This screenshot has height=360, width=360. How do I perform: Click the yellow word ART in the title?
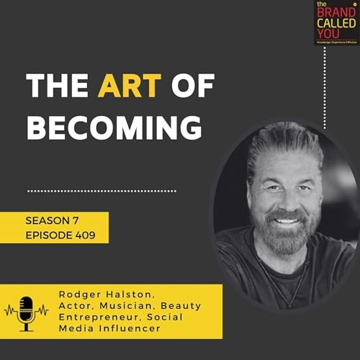[120, 88]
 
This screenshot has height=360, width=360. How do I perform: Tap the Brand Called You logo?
[336, 23]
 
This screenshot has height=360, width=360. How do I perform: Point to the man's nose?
[287, 199]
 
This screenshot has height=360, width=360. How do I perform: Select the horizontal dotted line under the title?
[102, 191]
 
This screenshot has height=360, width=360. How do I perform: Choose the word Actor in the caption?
[78, 307]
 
